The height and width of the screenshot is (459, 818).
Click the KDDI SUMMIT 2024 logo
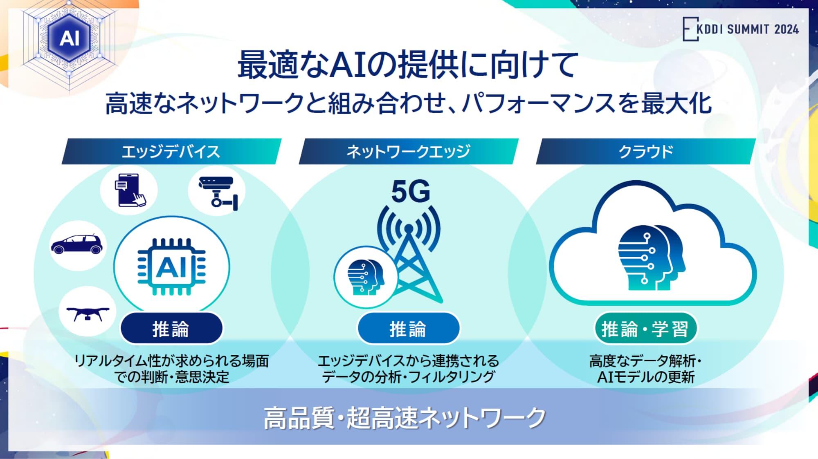point(740,29)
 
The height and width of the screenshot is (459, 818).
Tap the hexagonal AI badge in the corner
point(69,38)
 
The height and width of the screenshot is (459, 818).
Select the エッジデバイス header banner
point(171,152)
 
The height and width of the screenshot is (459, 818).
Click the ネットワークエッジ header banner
point(408,152)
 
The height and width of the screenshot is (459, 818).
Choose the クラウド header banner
point(645,152)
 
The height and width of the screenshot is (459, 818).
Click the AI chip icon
point(172,267)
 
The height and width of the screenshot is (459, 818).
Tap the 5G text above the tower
point(410,192)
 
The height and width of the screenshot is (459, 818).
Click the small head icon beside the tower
point(365,277)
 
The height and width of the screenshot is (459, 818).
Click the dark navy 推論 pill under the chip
point(171,329)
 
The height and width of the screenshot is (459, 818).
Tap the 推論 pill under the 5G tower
point(408,329)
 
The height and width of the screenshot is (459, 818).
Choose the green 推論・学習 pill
point(645,329)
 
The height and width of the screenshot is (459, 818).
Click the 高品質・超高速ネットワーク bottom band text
point(405,418)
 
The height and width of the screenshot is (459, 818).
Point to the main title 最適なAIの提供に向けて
point(408,65)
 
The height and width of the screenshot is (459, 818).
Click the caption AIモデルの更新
point(645,377)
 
